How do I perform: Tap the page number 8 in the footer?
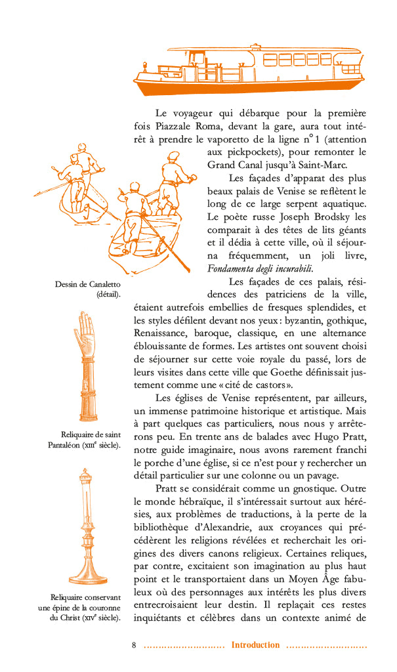(x=134, y=645)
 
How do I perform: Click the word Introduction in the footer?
(x=255, y=645)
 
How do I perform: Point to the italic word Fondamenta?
(x=234, y=268)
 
